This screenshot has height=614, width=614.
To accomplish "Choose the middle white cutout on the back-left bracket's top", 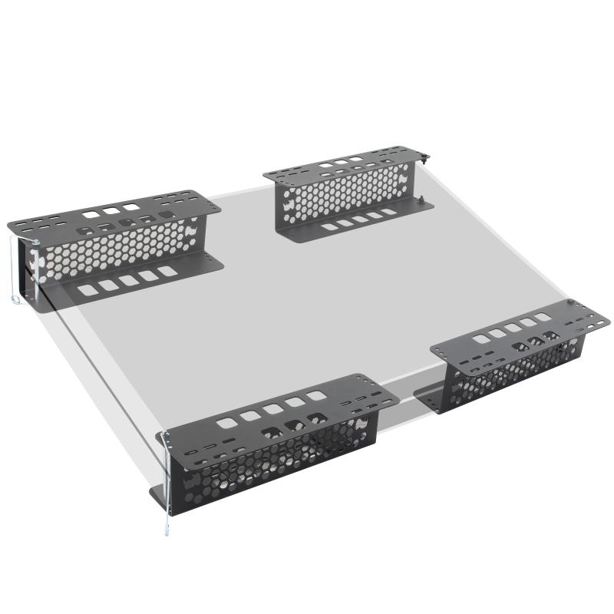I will (x=113, y=210).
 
